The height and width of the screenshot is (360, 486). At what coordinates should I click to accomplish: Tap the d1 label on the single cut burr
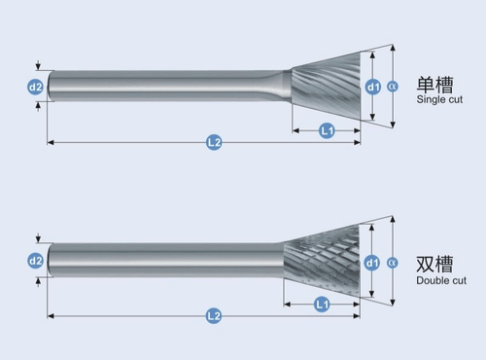[x=373, y=88]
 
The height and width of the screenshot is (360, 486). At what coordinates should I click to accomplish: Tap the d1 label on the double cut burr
[x=372, y=262]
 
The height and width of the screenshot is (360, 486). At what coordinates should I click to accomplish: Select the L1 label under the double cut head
[x=322, y=305]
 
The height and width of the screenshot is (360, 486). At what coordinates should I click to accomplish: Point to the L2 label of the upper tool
[x=214, y=143]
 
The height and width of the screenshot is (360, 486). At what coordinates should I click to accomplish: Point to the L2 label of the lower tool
[x=214, y=316]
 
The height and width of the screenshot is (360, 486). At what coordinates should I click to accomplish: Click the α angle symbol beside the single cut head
[x=393, y=87]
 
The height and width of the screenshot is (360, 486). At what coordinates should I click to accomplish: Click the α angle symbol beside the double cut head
[x=393, y=262]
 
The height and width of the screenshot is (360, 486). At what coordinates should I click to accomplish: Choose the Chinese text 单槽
[x=434, y=85]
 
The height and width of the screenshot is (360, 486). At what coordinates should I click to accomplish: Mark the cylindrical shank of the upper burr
[x=165, y=87]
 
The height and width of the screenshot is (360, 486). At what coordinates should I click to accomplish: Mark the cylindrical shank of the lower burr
[x=165, y=261]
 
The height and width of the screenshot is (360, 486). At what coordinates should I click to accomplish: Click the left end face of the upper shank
[x=50, y=87]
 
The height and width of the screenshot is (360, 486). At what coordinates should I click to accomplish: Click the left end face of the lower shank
[x=50, y=261]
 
